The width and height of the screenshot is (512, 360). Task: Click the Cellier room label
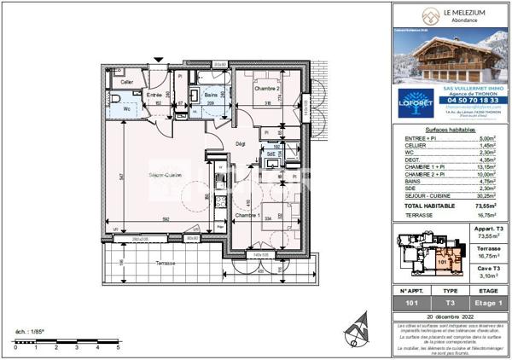(x=126, y=82)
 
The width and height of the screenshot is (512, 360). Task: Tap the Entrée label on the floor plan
(x=154, y=95)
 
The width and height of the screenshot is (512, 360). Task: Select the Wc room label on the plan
(x=126, y=109)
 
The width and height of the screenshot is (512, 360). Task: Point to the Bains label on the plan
(x=211, y=95)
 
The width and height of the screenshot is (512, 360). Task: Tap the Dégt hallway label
(x=241, y=143)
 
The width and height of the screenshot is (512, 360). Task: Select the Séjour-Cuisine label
(x=167, y=176)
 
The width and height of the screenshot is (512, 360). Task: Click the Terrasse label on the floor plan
(x=166, y=264)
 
